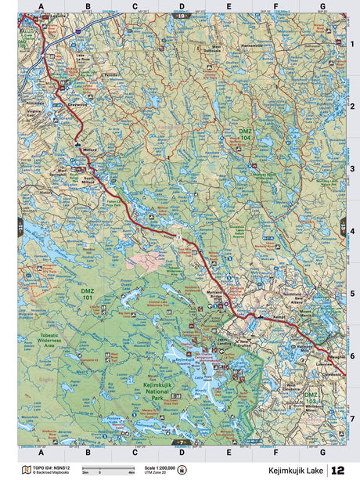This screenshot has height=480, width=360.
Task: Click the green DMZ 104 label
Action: point(246,132)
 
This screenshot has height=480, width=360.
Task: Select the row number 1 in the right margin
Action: point(351,44)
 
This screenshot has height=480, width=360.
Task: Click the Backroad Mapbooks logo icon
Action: point(182,471)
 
